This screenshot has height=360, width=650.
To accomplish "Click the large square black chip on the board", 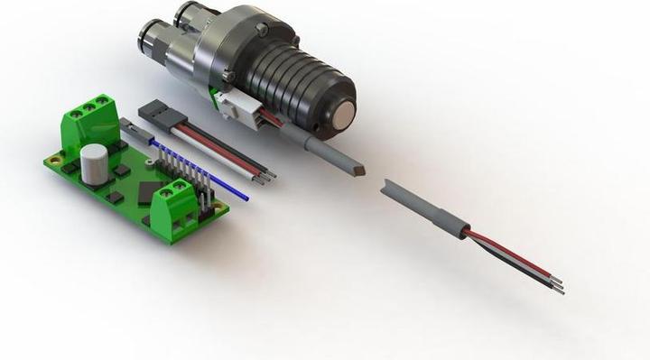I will tap(146, 189).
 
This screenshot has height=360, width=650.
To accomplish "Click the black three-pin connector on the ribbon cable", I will tap(155, 112).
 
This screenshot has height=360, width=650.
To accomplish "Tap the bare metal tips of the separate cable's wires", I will tap(558, 286).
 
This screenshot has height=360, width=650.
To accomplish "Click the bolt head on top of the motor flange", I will tap(262, 29).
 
